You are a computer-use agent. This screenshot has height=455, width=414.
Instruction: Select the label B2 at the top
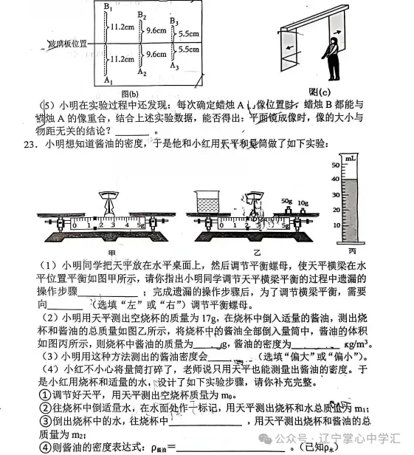[x=142, y=16]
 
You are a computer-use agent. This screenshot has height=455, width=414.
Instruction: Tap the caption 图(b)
[x=129, y=95]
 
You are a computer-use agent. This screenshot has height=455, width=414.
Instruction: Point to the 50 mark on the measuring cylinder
[x=334, y=165]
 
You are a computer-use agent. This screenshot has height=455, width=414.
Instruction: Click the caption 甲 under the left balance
[x=113, y=253]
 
